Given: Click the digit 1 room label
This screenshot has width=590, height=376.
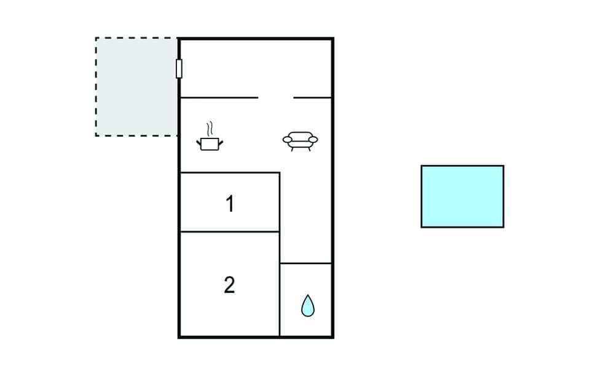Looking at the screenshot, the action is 230,204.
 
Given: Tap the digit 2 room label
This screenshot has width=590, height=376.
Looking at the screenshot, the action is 229,285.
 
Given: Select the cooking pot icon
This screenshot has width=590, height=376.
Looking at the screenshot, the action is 209,143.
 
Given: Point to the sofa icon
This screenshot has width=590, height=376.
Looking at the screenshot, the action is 301,142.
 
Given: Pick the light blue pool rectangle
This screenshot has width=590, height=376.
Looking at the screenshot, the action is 462,196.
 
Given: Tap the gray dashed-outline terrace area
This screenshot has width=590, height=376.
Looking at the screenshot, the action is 136,86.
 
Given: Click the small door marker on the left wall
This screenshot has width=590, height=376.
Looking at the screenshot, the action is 179,68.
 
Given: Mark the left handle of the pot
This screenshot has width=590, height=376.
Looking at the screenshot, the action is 199,143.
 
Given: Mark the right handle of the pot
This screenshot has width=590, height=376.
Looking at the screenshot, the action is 220,143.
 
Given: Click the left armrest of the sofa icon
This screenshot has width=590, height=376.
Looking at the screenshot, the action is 288,140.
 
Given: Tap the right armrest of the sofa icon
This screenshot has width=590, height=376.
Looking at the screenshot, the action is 313,140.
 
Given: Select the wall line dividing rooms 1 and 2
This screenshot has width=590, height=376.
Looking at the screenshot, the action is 229,232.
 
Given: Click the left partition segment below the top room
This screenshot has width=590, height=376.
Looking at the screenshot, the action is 219,98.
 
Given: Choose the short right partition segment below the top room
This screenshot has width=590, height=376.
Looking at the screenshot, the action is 313,98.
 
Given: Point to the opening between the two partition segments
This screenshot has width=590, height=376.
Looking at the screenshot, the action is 276,98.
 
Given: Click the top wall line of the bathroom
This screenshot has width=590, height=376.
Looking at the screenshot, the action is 306,263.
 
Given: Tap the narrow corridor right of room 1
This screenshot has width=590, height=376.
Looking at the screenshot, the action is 306,215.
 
